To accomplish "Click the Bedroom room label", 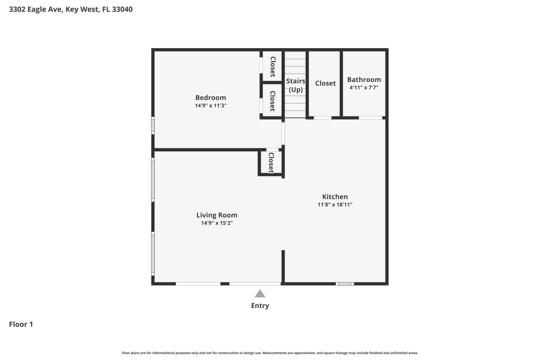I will point(210,98).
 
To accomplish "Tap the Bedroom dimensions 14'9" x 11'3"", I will point(210,106).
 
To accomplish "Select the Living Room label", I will point(217,215).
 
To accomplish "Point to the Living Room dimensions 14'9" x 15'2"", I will point(217,223).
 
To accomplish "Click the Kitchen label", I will point(335,197).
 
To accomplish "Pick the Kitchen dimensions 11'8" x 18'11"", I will point(335,205).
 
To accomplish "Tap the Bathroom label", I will point(364,80).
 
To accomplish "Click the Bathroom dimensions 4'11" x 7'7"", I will point(364,87).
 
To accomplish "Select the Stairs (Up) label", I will point(296,85).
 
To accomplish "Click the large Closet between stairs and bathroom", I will point(325,83).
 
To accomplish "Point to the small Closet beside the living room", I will point(271,163).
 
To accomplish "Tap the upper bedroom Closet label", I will point(272,67).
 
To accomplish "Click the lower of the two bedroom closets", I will point(272,101).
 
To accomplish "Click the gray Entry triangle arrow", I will point(260,294).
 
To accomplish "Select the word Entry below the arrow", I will point(260,305).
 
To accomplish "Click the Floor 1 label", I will point(21,324).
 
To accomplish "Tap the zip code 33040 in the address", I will point(122,9).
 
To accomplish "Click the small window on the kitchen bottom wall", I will point(345,284).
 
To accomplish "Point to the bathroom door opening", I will point(370,118).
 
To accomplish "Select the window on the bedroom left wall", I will point(153,125).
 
